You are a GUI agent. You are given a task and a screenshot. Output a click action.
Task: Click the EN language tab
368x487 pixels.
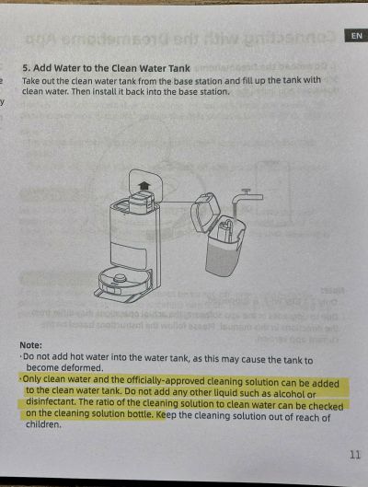point(357,36)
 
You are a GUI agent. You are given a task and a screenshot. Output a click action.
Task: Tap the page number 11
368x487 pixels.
point(354,455)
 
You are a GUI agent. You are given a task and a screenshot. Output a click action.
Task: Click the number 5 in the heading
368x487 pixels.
point(25,68)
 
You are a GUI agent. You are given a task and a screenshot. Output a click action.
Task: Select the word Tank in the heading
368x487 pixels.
point(180,68)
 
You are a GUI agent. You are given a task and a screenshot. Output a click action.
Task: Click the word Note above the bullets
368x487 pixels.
point(30,345)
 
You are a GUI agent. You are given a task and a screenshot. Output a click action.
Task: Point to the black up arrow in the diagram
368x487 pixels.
point(144,186)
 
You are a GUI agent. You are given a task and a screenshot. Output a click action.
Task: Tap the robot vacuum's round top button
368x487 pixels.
point(120,277)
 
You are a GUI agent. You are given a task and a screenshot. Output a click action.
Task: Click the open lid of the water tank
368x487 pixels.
point(205,214)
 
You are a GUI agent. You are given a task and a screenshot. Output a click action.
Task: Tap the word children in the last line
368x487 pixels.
point(43,424)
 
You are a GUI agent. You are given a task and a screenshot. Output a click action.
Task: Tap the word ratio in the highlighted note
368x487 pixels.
point(105,402)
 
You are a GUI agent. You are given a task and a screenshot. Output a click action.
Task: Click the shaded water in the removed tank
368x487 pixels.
point(222,257)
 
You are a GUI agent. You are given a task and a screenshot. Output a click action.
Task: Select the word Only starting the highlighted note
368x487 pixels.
point(33,379)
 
